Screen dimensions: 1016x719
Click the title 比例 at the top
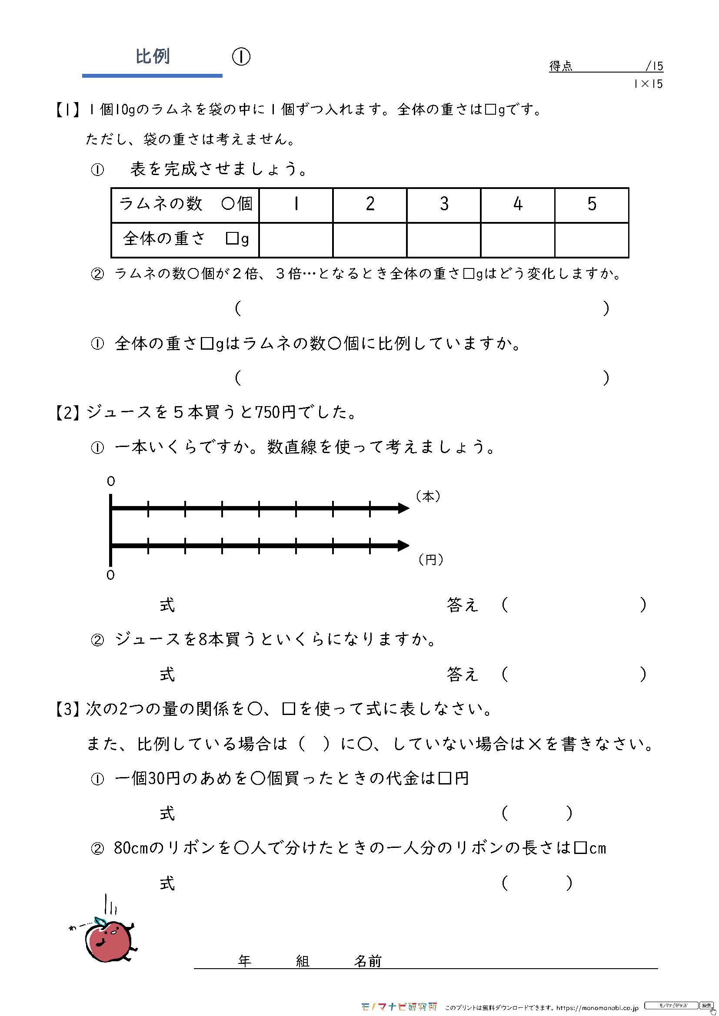(152, 56)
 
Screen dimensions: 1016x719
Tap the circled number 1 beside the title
(241, 56)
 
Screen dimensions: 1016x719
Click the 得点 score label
(560, 66)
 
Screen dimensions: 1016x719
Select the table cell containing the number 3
(444, 204)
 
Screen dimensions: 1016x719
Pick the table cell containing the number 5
(592, 204)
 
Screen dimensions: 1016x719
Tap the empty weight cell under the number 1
(296, 240)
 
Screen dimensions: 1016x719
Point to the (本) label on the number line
(428, 496)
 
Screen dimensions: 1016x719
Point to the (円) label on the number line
(430, 560)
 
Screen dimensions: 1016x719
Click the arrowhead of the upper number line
(403, 508)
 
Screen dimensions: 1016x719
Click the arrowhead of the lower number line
(403, 546)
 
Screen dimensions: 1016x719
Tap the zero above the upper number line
(111, 481)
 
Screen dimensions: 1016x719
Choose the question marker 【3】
(67, 709)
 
